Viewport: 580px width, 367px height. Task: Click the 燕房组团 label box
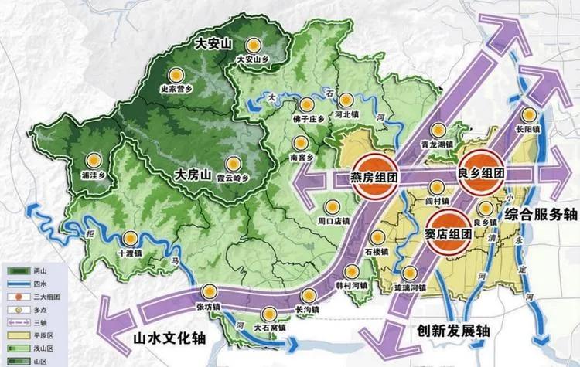[x=374, y=177]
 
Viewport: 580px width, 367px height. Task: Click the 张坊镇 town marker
[x=209, y=291]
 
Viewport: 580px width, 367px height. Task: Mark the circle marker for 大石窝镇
[x=270, y=314]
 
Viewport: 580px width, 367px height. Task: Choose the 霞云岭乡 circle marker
[x=234, y=163]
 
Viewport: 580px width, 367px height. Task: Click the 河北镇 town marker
[x=347, y=100]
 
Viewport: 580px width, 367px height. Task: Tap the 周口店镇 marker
[x=333, y=206]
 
